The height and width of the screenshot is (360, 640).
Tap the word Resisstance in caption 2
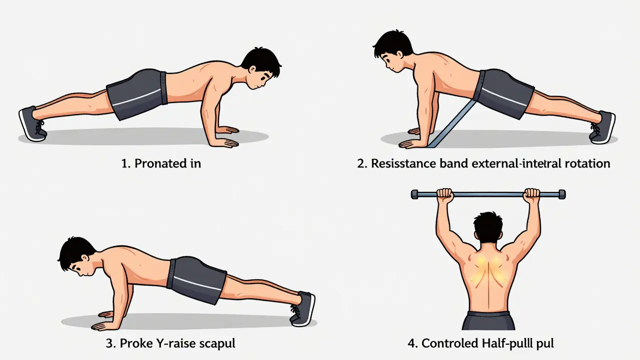[x=403, y=163]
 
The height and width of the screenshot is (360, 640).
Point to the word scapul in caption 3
[x=217, y=343]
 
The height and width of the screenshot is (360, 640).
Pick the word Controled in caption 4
[x=450, y=343]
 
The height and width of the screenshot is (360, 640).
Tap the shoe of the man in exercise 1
[x=32, y=123]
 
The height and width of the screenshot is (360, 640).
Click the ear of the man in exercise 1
[x=252, y=69]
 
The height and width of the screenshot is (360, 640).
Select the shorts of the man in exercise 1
[x=137, y=94]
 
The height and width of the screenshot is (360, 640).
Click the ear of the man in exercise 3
[x=85, y=258]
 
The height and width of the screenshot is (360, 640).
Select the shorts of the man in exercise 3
[x=196, y=280]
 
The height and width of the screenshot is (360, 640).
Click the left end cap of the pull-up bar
[x=414, y=194]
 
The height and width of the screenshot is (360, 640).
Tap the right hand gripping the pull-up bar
[x=531, y=195]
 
